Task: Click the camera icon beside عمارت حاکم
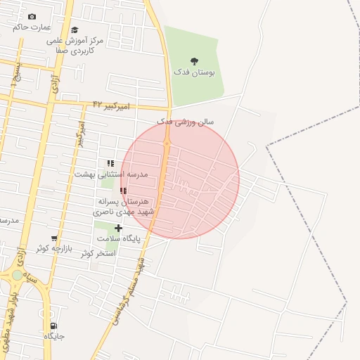click(32, 16)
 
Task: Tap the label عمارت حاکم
click(32, 27)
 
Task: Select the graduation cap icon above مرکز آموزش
click(75, 30)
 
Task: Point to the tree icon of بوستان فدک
click(195, 61)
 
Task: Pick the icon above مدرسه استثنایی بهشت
click(110, 163)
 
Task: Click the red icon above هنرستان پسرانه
click(123, 191)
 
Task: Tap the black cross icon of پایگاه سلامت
click(118, 228)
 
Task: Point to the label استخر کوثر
click(97, 252)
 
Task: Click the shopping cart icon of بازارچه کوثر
click(54, 238)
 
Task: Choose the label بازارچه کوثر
click(55, 248)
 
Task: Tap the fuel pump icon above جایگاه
click(53, 326)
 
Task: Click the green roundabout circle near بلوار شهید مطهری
click(17, 275)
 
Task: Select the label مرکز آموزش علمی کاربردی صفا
click(75, 46)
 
